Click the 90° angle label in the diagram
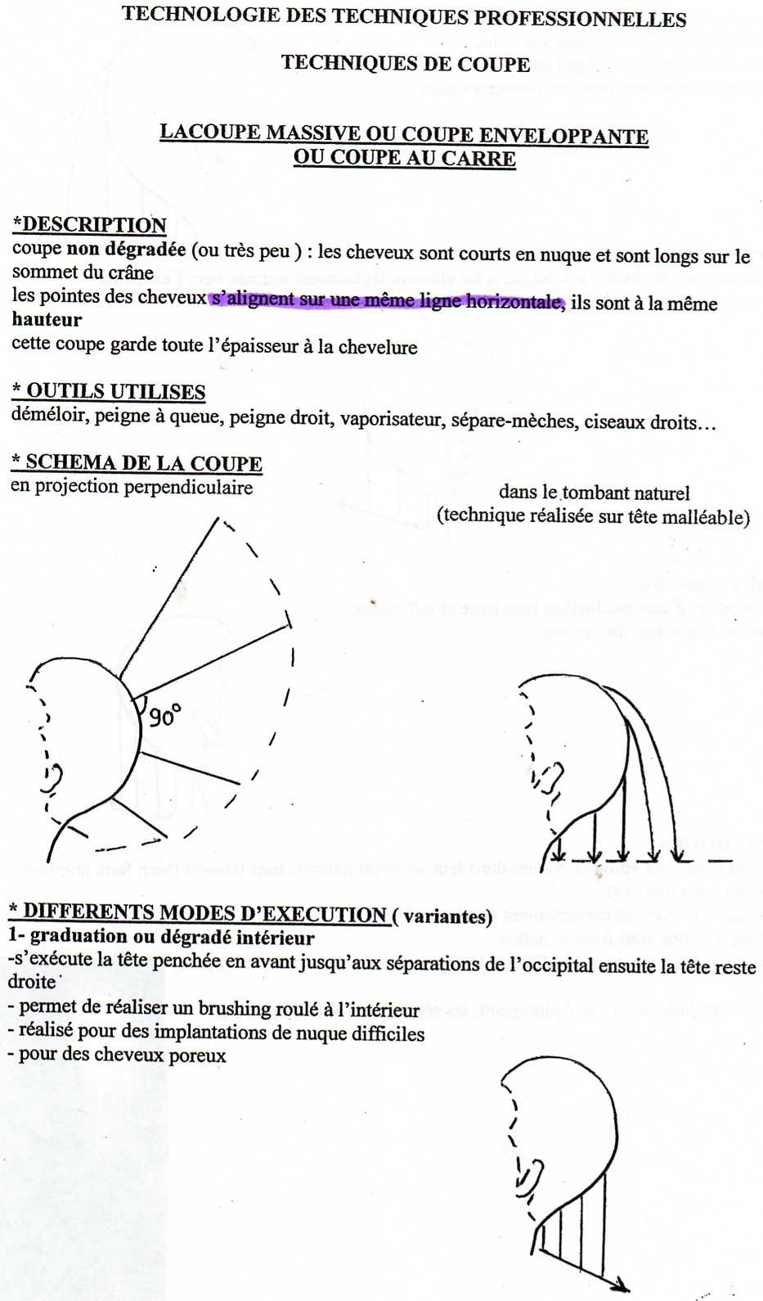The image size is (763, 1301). pyautogui.click(x=164, y=717)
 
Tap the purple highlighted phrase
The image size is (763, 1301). pyautogui.click(x=387, y=300)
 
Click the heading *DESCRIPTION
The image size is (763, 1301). pyautogui.click(x=90, y=225)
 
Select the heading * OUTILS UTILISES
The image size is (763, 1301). pyautogui.click(x=109, y=391)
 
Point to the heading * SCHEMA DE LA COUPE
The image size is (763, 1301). pyautogui.click(x=137, y=462)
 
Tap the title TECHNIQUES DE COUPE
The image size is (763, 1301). pyautogui.click(x=406, y=64)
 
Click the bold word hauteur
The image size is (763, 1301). pyautogui.click(x=47, y=320)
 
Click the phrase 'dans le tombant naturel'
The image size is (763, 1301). pyautogui.click(x=594, y=493)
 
